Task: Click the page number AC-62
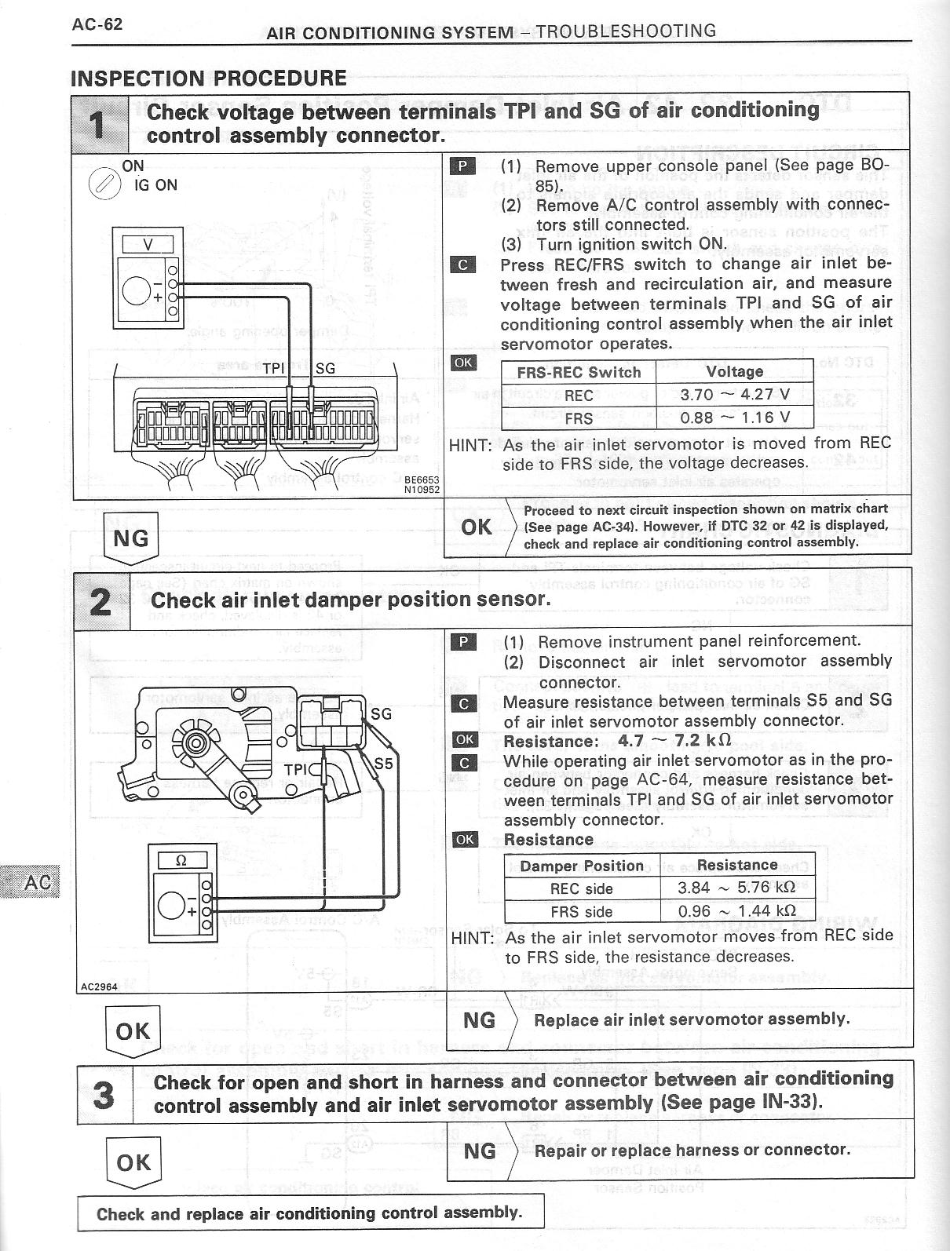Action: [x=97, y=24]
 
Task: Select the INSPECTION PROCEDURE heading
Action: [x=208, y=78]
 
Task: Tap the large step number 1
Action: [x=99, y=123]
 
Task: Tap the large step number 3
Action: [x=104, y=1095]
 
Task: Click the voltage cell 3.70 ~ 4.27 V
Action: [x=734, y=396]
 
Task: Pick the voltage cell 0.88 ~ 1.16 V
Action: [x=734, y=418]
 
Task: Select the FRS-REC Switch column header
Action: [x=579, y=372]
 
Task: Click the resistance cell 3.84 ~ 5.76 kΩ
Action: [x=736, y=888]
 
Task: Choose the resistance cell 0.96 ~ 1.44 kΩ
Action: [x=736, y=910]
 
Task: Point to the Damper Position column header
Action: [x=582, y=866]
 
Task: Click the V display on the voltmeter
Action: [x=148, y=244]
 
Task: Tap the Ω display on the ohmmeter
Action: [x=181, y=860]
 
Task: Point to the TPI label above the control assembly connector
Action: [x=274, y=368]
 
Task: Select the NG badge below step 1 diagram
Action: [x=130, y=538]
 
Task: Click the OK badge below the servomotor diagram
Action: [x=132, y=1030]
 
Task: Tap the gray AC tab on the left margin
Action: [x=31, y=882]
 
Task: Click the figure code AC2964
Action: [x=98, y=987]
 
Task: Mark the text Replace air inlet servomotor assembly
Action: [x=691, y=1019]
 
